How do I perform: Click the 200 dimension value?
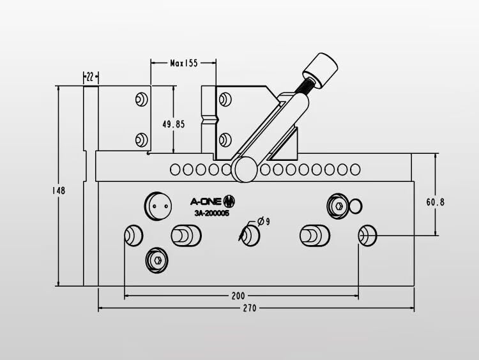[x=238, y=296]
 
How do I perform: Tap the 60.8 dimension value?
[x=436, y=202]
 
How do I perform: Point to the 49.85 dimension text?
[x=173, y=124]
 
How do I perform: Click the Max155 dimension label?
[x=184, y=64]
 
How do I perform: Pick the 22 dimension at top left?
[x=90, y=77]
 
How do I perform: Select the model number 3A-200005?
[x=211, y=214]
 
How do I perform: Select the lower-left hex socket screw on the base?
[x=157, y=260]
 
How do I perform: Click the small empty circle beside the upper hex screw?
[x=356, y=206]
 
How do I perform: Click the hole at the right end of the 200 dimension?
[x=367, y=236]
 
